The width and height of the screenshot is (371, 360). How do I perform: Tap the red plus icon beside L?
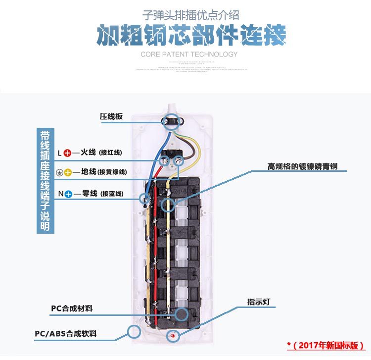point(68,153)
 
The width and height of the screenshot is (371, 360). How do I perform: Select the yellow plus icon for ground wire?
point(68,173)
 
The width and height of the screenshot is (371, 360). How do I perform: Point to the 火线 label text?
point(88,152)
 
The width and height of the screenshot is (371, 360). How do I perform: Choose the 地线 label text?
point(89,172)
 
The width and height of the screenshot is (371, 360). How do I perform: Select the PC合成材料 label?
point(72,309)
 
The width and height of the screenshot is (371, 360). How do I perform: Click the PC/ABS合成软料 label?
point(66,334)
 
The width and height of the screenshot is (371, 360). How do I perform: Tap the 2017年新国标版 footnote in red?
point(326,345)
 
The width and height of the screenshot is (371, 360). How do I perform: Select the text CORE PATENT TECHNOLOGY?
point(189,54)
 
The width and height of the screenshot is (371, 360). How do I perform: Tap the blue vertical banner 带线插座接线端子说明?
point(45,180)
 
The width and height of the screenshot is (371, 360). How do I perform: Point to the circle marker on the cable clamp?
point(171,121)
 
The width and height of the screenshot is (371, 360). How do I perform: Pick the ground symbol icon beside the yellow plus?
point(59,173)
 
